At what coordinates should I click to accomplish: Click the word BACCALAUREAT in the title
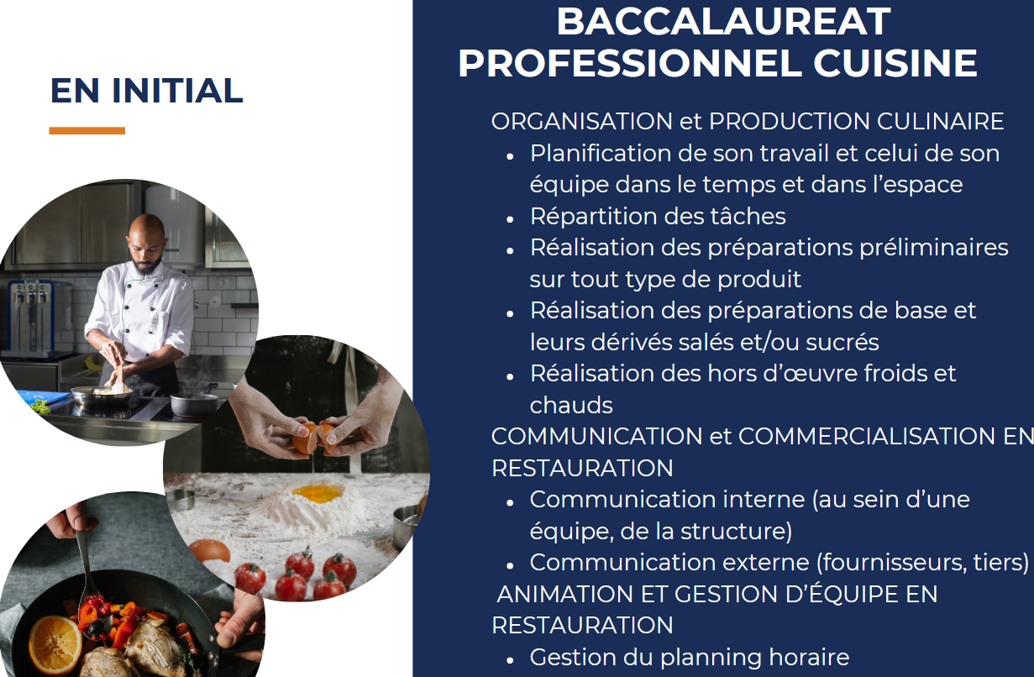tap(723, 22)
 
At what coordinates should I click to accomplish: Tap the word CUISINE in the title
tap(895, 63)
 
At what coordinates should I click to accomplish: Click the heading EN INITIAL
tap(146, 91)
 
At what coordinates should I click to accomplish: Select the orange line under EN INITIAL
tap(87, 130)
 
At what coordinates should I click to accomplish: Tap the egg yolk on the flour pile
tap(318, 494)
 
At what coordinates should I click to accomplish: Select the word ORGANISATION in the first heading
tap(581, 121)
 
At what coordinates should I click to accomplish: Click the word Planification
tap(601, 153)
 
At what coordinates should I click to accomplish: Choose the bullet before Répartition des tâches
tap(510, 219)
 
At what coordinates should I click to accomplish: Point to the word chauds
tap(571, 405)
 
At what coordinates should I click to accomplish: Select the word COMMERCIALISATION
tap(867, 437)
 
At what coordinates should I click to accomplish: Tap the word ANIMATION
tap(564, 594)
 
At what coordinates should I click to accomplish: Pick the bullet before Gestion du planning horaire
tap(510, 660)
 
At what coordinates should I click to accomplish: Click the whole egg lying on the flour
tap(210, 551)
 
